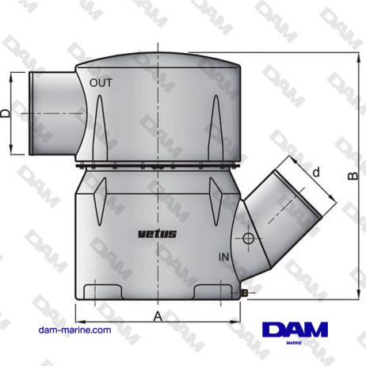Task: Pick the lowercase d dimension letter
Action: [x=315, y=173]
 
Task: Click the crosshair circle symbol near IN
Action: [x=248, y=239]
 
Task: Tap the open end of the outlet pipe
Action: [x=30, y=113]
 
